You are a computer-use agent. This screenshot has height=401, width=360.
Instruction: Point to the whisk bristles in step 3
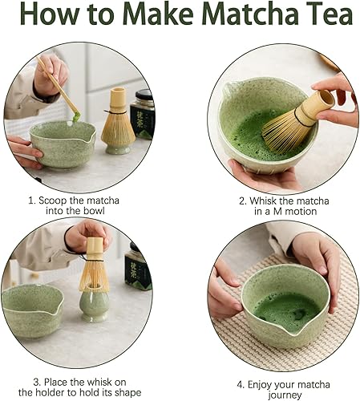[x=94, y=276]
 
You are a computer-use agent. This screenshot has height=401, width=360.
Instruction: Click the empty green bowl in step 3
[x=32, y=310]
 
